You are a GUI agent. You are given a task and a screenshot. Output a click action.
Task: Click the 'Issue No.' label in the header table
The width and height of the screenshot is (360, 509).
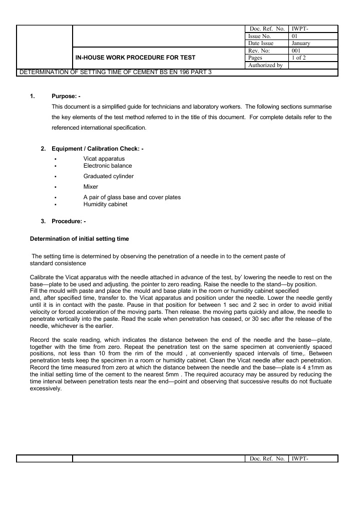click(259, 37)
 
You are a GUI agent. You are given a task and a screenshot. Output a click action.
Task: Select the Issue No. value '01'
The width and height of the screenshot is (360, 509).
click(294, 37)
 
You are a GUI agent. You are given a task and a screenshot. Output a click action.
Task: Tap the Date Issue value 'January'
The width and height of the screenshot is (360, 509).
click(300, 44)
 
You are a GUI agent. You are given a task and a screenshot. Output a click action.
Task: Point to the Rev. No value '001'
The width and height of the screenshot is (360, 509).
click(296, 51)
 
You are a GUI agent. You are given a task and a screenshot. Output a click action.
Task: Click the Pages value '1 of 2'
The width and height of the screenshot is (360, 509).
click(299, 58)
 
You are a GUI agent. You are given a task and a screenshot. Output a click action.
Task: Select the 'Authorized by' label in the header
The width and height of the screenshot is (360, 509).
click(265, 65)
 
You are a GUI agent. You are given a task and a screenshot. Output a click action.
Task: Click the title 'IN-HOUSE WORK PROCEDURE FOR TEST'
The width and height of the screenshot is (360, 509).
click(135, 58)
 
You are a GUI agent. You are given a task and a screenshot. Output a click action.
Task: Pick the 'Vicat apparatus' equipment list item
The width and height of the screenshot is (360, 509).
click(104, 159)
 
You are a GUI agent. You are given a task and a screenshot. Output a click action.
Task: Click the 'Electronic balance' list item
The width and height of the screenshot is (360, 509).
click(108, 165)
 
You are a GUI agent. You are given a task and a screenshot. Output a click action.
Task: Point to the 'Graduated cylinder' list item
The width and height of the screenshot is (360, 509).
click(108, 176)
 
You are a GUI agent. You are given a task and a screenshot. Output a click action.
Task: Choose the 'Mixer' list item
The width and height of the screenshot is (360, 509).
click(91, 187)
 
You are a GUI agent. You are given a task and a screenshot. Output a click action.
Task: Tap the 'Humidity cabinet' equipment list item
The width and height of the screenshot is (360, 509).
click(105, 204)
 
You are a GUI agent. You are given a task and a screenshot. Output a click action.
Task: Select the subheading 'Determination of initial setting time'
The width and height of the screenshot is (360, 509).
click(83, 239)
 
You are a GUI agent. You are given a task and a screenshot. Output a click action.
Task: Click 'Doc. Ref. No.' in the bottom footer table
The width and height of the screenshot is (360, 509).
click(266, 458)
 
